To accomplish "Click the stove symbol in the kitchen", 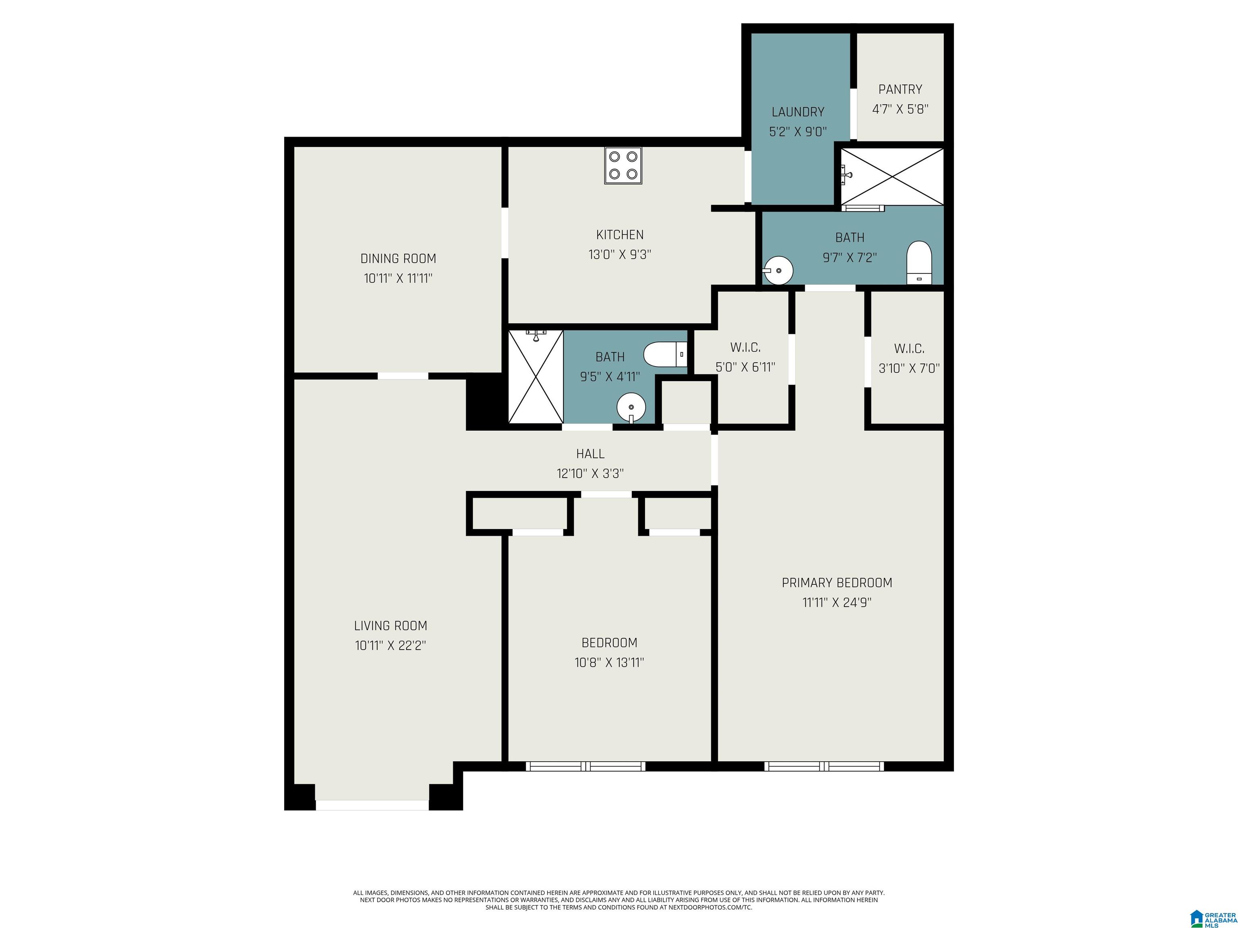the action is [623, 166].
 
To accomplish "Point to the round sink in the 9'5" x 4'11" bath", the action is [631, 408].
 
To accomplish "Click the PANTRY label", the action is [900, 89].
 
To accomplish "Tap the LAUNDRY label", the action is [798, 112].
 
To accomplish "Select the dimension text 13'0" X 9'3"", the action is [619, 255].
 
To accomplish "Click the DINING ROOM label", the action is [398, 259].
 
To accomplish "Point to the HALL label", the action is [590, 454].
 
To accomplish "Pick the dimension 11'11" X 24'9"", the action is [837, 603].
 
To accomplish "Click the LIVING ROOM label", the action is [391, 626].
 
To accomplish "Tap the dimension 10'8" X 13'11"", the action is [609, 662].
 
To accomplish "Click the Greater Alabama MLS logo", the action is [1213, 904].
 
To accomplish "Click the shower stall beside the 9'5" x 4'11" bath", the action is [536, 377].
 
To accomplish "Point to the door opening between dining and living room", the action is [403, 376].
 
